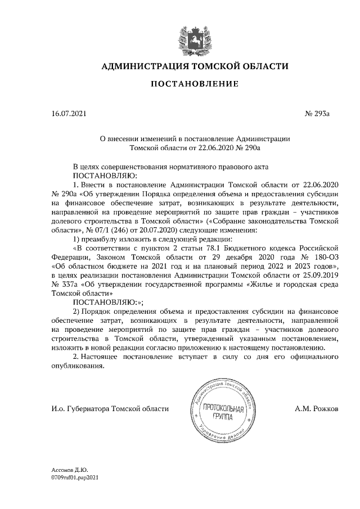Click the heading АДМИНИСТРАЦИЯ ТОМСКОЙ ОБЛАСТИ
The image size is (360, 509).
coord(194,66)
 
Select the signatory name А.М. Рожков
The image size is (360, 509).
coord(316,409)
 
